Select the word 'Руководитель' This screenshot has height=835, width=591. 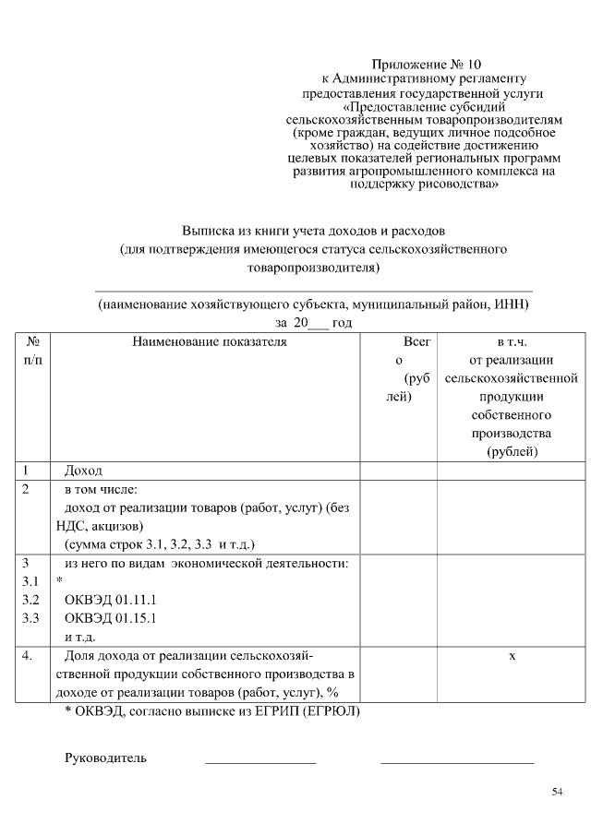[x=105, y=758]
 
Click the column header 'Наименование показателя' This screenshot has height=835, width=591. [x=210, y=341]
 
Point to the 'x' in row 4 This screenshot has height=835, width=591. [x=512, y=656]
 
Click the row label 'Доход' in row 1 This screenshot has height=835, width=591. [x=83, y=471]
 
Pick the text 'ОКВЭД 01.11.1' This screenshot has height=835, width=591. [x=111, y=600]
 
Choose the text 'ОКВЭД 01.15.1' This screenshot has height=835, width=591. [x=111, y=618]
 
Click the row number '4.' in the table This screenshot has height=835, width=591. [x=29, y=656]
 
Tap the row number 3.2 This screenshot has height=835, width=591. [x=30, y=600]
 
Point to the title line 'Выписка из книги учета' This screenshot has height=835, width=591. [x=314, y=231]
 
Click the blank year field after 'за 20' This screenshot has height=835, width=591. [x=320, y=324]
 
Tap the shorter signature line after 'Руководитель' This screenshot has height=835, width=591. [x=260, y=762]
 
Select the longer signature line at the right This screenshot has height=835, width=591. [x=457, y=762]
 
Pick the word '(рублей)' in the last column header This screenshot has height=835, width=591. [x=512, y=451]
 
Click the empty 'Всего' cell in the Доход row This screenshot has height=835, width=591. [x=398, y=471]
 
